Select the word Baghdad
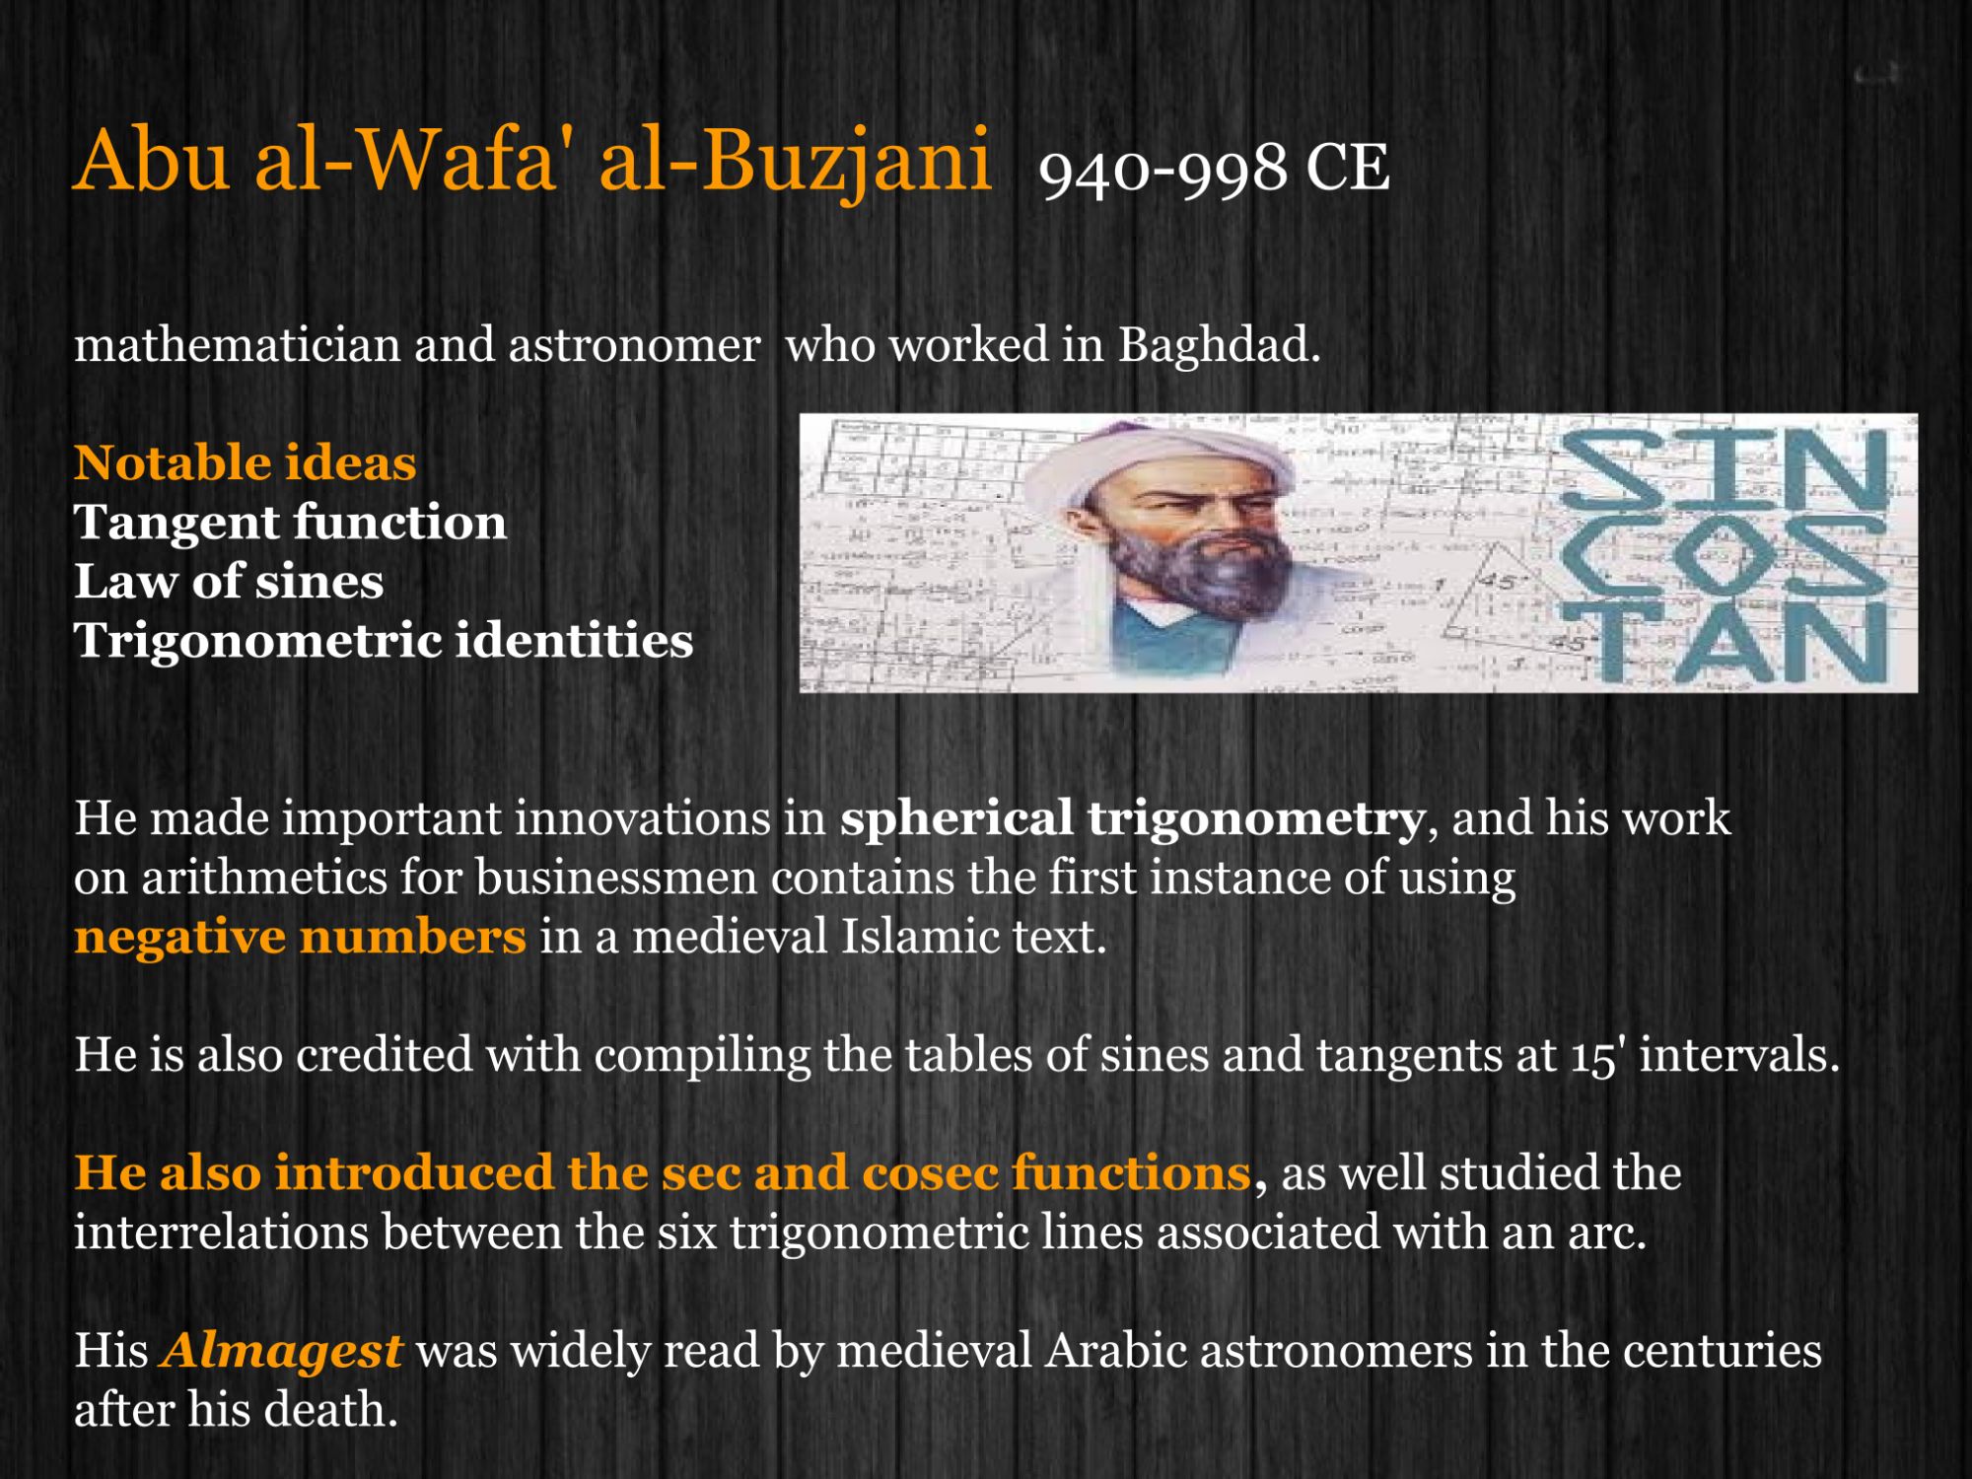tap(1218, 345)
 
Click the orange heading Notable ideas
tap(245, 463)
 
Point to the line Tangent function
tap(290, 523)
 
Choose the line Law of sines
tap(229, 582)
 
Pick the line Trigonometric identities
tap(384, 641)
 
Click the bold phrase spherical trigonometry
tap(1132, 818)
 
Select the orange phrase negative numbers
tap(300, 937)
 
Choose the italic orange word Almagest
tap(282, 1351)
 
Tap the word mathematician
tap(237, 345)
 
